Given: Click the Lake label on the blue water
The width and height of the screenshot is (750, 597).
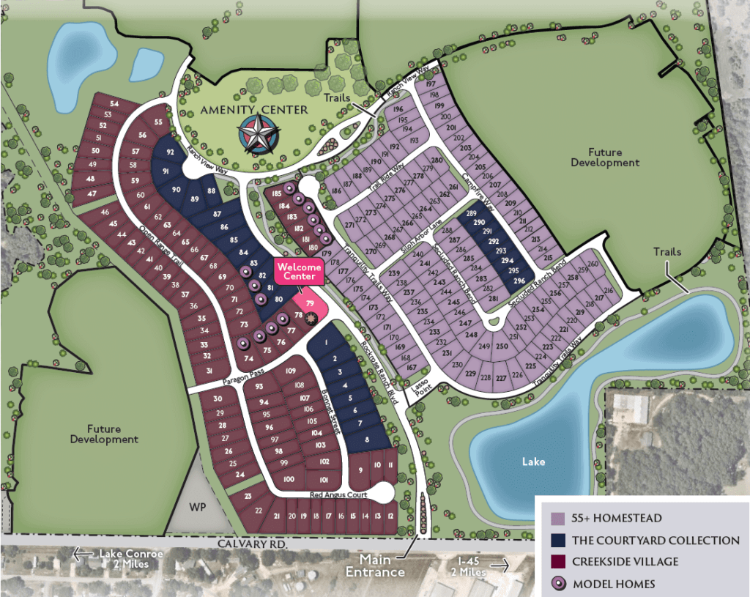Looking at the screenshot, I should pos(534,462).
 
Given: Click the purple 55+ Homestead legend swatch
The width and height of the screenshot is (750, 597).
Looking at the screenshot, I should pos(557,519).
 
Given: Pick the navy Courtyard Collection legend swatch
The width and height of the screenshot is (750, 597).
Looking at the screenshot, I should pos(557,541).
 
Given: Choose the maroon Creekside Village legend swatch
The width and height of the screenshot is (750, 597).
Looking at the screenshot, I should pos(557,562).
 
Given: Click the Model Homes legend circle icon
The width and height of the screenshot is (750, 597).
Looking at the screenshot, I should pos(557,584).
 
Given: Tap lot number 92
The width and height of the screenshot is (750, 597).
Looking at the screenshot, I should pos(170,152).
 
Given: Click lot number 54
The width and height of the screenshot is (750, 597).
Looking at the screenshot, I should pos(114,105).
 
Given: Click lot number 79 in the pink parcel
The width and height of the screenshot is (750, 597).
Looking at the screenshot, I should pos(310,303).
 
